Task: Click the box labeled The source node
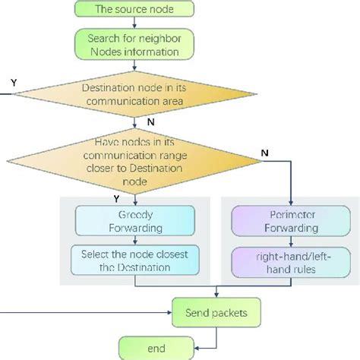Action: tap(134, 10)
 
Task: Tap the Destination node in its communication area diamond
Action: tap(134, 95)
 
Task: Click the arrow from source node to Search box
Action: tap(134, 24)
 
